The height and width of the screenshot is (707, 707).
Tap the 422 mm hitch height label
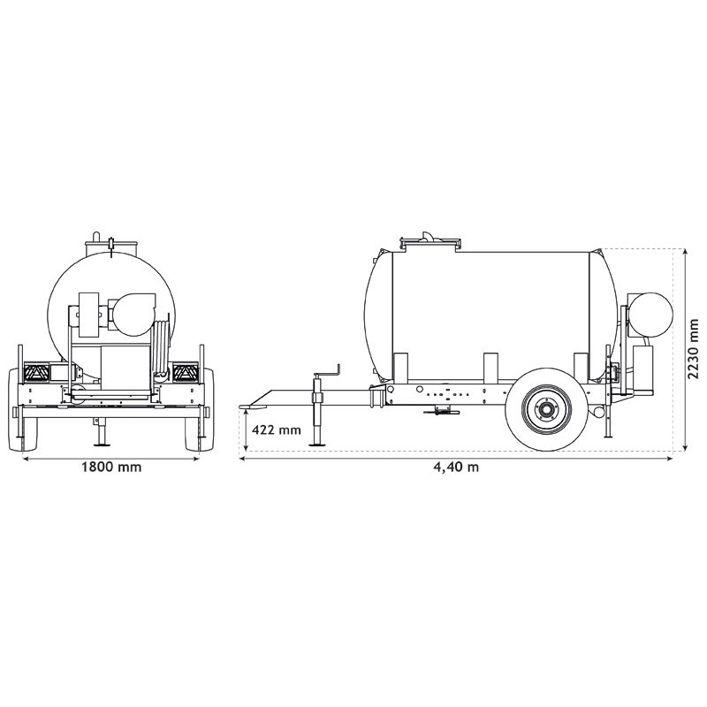tap(277, 430)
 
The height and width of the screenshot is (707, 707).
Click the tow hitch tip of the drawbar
tap(249, 407)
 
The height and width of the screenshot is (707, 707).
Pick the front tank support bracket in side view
tap(399, 368)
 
